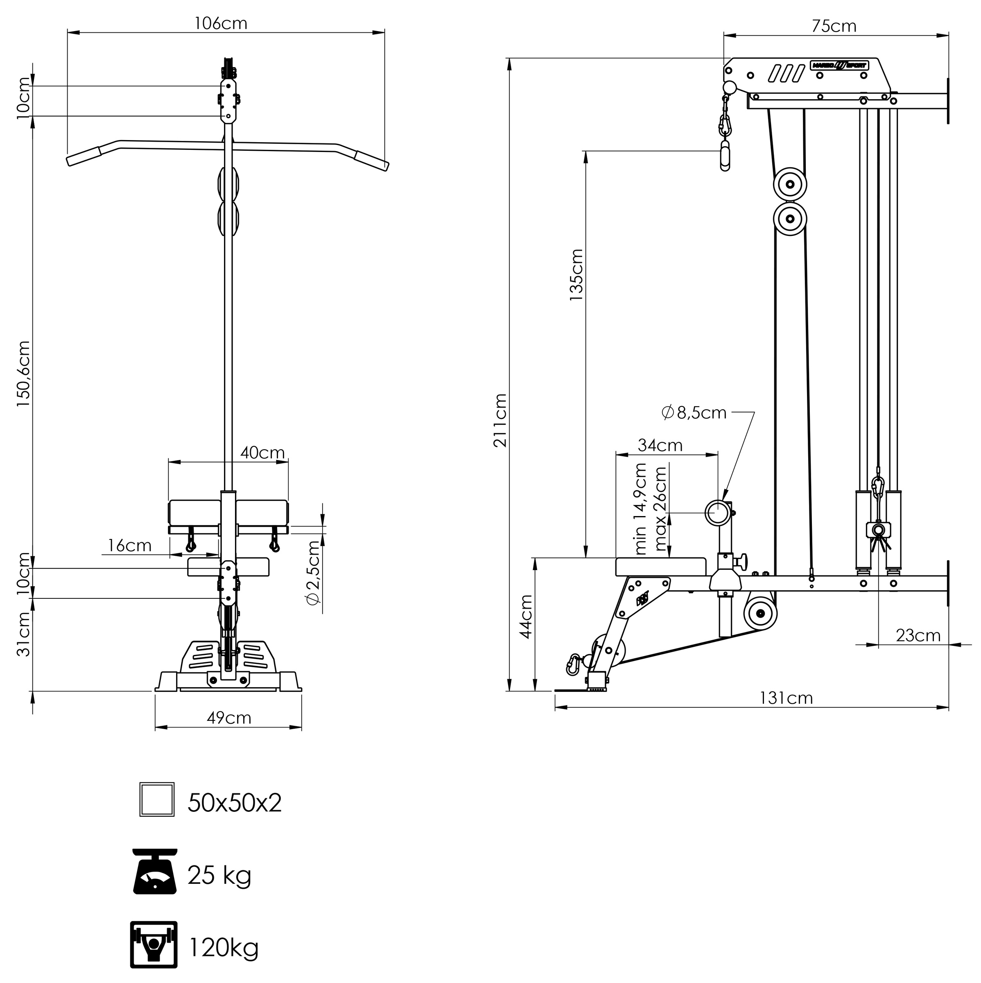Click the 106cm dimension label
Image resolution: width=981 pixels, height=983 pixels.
point(221,23)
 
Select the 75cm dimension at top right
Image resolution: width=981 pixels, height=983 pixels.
point(834,26)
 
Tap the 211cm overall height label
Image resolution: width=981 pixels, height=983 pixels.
point(500,420)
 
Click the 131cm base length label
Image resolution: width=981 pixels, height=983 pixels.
point(786,698)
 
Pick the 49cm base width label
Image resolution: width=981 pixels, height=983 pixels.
point(229,718)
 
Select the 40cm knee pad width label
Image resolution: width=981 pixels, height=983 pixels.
point(262,452)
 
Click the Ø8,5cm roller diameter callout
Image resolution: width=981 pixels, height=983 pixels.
point(694,412)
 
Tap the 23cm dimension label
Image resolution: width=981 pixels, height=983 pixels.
point(918,636)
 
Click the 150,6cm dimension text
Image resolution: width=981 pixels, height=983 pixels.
point(23,374)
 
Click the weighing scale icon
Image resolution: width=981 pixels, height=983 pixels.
point(155,872)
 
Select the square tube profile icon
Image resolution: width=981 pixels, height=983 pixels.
point(157,800)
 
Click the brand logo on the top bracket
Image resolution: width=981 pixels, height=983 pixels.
point(839,66)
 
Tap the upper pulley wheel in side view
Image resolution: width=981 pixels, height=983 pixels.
point(790,183)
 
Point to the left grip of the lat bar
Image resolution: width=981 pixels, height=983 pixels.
point(84,156)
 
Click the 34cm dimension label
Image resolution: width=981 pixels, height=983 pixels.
point(660,445)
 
